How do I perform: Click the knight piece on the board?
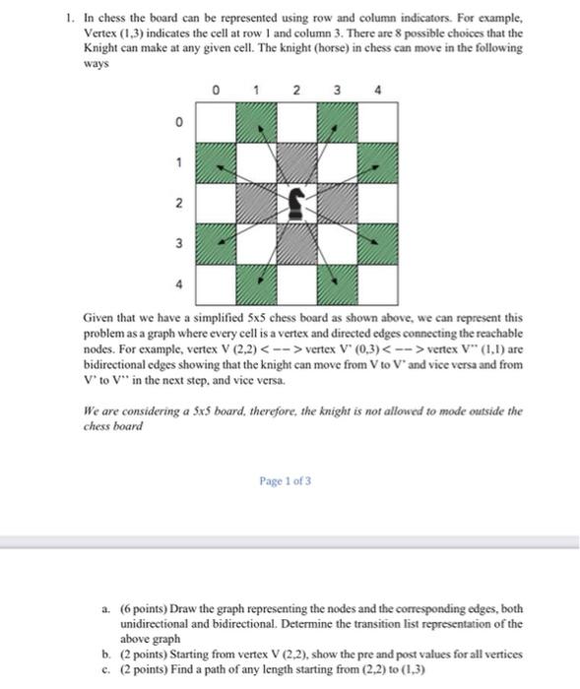pos(296,203)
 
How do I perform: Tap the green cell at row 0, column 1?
pos(255,121)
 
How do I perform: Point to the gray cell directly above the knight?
pos(296,161)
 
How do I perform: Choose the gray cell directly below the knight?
pos(296,243)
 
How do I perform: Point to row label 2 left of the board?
pos(177,203)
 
